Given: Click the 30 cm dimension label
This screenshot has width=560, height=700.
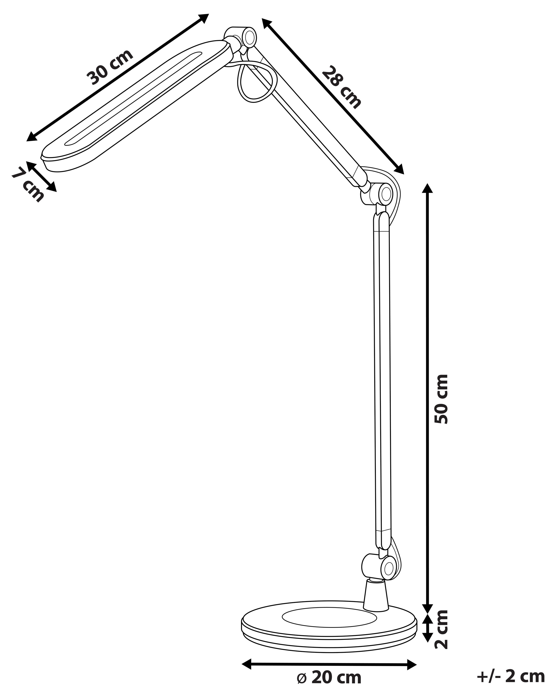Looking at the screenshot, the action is [110, 67].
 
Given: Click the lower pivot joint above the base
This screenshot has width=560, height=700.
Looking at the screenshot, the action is [378, 567].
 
